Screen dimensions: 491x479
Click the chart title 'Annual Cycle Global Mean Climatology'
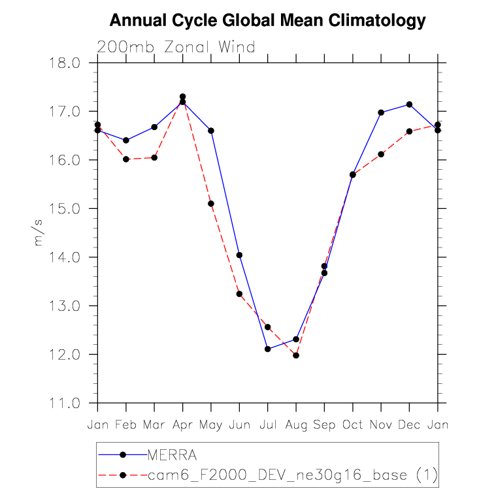pos(267,21)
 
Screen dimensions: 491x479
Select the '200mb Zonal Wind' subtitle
pos(175,47)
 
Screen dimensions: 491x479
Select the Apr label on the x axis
pos(182,425)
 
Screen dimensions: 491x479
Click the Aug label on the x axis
pos(296,425)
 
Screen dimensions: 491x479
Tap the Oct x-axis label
pos(353,425)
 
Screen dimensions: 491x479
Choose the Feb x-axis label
pos(126,425)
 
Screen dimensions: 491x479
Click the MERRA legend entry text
pos(172,454)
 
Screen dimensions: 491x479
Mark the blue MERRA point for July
pos(267,349)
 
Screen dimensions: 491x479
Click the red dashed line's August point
pos(296,356)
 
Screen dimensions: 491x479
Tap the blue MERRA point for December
pos(409,104)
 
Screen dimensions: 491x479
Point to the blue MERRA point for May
pos(211,131)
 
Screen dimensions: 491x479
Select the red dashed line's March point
pos(154,157)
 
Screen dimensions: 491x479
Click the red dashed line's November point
pos(381,154)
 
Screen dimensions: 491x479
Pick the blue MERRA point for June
pos(239,255)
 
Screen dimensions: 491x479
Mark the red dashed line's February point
pos(126,159)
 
